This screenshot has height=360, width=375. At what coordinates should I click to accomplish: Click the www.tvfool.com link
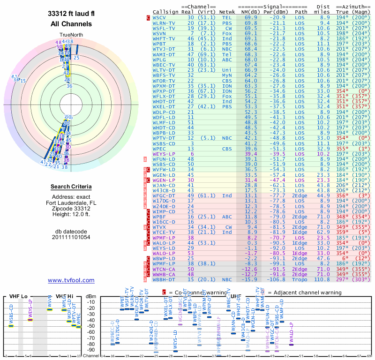[x=71, y=280]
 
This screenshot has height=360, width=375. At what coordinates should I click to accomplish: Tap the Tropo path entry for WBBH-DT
[x=301, y=280]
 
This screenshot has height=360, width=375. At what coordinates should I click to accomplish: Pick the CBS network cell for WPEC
[x=227, y=149]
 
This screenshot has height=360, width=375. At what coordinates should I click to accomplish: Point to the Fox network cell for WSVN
[x=227, y=34]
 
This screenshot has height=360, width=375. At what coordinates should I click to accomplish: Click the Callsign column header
[x=166, y=12]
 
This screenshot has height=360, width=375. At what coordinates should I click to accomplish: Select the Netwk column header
[x=227, y=12]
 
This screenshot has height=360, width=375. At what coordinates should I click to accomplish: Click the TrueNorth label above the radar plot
[x=71, y=36]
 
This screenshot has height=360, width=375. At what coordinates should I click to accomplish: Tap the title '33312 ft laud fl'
[x=71, y=14]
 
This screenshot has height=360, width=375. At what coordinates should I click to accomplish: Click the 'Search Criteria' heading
[x=71, y=187]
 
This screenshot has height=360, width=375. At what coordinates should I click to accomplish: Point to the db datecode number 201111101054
[x=71, y=237]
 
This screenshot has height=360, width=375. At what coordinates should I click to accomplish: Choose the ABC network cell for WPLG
[x=227, y=60]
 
